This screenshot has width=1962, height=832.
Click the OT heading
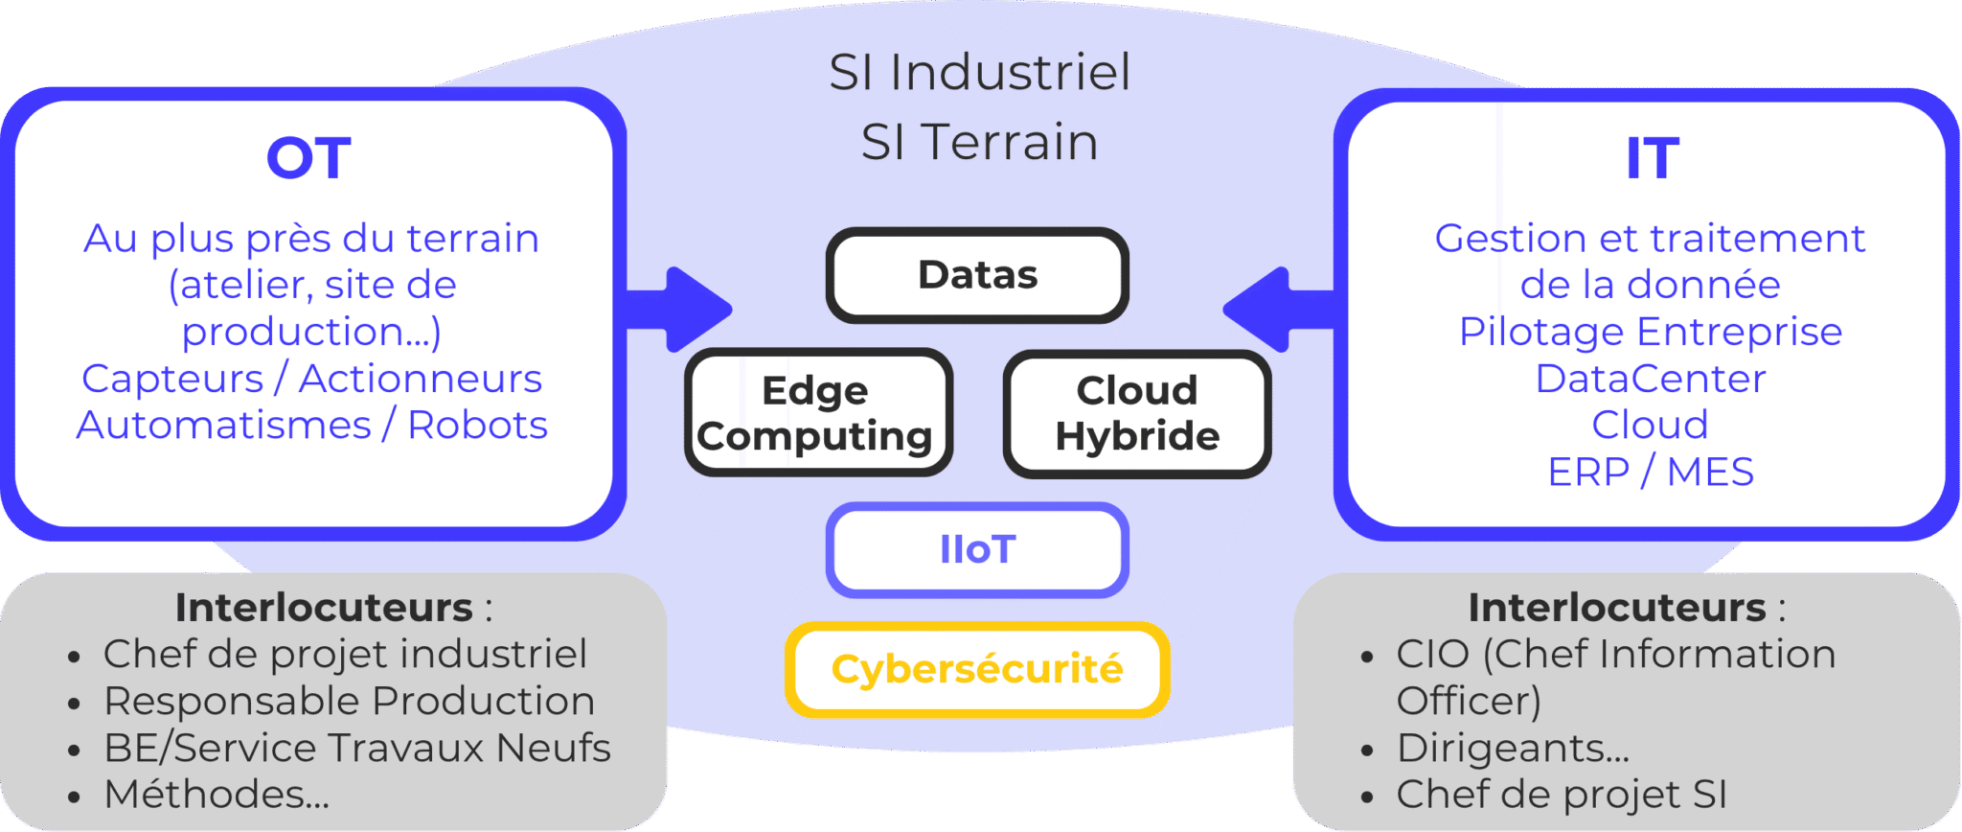coord(308,158)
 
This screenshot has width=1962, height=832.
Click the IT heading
coord(1652,158)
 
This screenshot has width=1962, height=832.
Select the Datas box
coord(977,275)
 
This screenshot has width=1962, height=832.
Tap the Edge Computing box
coord(817,413)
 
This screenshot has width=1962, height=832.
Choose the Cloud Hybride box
coord(1137,413)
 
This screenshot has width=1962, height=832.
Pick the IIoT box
coord(977,550)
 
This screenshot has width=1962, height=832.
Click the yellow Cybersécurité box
coord(977,669)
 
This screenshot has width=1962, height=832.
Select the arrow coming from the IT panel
coord(1274,309)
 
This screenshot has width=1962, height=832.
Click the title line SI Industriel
coord(979,73)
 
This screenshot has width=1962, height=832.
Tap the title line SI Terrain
coord(979,143)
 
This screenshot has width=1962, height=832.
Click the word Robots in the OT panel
coord(477,425)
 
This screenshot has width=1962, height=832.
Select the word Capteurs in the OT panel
coord(172,379)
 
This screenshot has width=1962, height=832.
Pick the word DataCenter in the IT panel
coord(1650,379)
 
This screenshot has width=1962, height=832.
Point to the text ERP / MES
coord(1650,472)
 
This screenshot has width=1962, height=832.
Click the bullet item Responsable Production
coord(349,701)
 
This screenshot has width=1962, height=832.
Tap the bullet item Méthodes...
coord(217,795)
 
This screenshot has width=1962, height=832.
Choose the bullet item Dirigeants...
coord(1513,748)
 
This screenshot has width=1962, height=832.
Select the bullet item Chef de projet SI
coord(1562,795)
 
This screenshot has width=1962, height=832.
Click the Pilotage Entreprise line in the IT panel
coord(1650,332)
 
